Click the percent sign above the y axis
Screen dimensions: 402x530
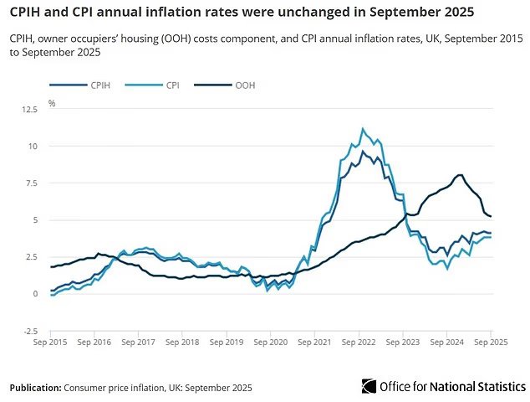click(x=52, y=103)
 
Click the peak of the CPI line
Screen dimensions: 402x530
click(x=362, y=128)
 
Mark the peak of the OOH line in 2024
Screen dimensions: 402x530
click(x=460, y=174)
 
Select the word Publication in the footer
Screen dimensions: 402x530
click(x=34, y=388)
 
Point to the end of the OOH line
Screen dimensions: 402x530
click(x=491, y=216)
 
